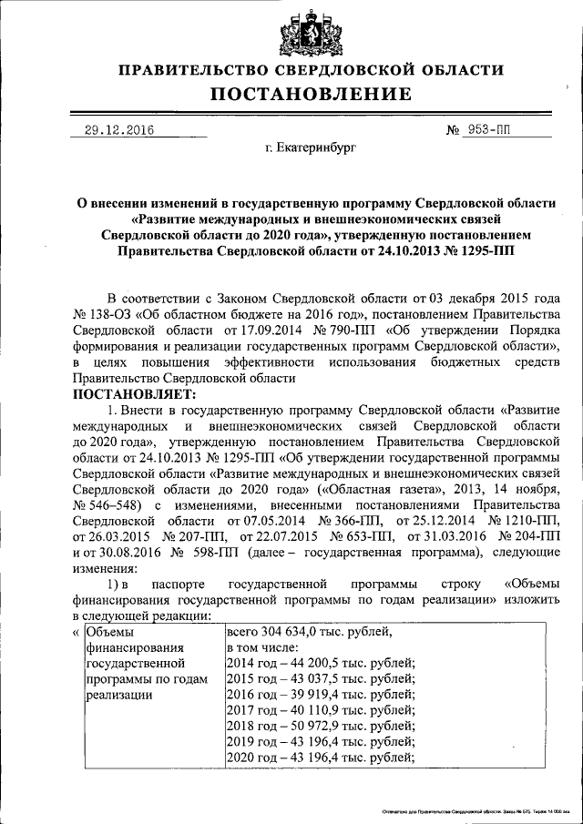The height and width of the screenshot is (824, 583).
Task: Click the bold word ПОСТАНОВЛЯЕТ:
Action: [134, 393]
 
